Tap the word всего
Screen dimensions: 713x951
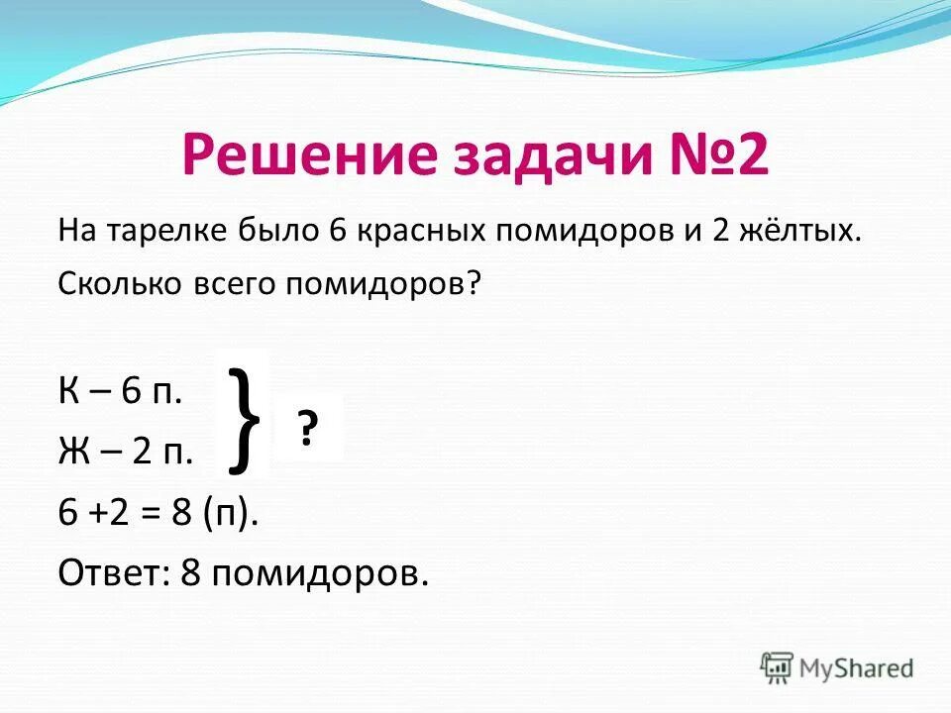click(235, 286)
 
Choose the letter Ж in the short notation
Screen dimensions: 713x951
click(73, 452)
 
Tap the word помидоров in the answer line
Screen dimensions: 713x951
click(319, 575)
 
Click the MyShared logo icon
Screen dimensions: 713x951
click(777, 666)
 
